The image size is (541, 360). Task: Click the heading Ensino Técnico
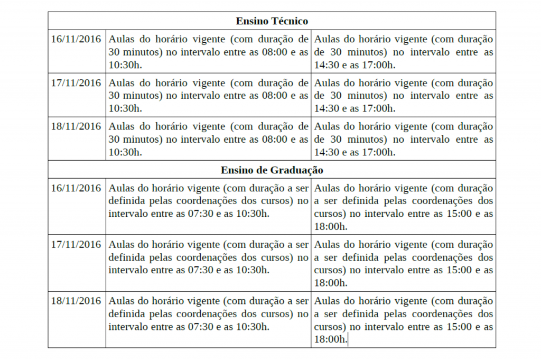coord(272,21)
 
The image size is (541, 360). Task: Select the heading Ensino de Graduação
coord(272,170)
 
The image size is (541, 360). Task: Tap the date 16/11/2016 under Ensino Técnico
coord(76,39)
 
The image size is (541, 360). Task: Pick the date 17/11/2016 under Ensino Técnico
coord(76,83)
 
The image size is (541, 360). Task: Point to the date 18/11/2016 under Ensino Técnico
coord(76,126)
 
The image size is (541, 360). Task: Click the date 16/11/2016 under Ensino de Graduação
coord(76,188)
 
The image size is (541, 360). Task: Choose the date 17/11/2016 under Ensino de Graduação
coord(76,244)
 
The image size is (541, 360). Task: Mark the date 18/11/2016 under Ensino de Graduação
coord(76,301)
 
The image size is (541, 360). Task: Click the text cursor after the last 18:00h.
coord(349,339)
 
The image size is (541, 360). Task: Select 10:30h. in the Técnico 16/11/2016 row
coord(125,65)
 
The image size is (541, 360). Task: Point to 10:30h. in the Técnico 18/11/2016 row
coord(125,152)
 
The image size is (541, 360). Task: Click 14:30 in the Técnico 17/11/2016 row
coord(327,108)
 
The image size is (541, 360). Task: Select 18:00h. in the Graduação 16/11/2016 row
coord(331,226)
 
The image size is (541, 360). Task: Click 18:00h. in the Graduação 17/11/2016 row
coord(331,283)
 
